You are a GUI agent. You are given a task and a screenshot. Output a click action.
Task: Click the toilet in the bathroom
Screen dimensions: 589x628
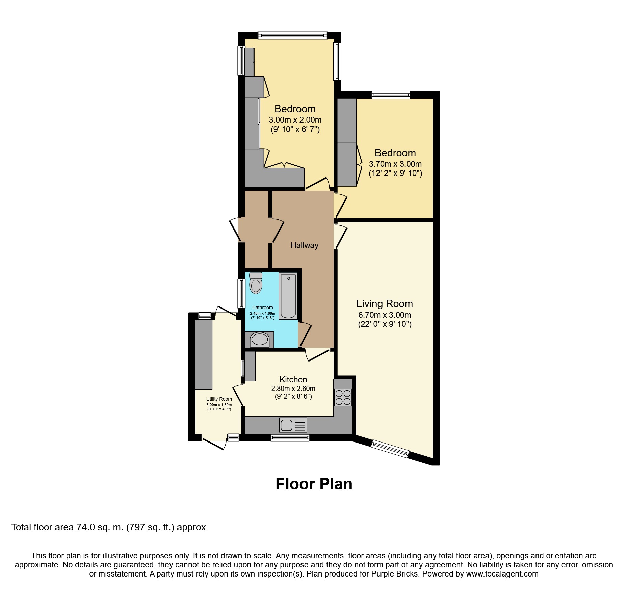[x=256, y=283]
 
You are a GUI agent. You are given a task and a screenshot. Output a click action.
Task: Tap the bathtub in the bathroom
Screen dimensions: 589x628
[x=288, y=296]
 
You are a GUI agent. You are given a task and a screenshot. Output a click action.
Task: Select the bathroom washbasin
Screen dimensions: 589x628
[x=259, y=339]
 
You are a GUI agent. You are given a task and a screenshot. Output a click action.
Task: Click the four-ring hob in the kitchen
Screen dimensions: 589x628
[x=343, y=397]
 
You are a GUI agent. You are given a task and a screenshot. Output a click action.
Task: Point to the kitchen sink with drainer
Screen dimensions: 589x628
[x=293, y=425]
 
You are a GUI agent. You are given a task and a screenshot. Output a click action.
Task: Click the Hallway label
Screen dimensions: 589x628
[x=304, y=245]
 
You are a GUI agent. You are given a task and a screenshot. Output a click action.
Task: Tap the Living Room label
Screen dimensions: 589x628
[x=385, y=303]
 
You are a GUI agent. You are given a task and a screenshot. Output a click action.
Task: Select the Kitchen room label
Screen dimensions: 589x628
[x=293, y=379]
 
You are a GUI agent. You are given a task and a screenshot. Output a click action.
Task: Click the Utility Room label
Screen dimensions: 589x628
[x=219, y=399]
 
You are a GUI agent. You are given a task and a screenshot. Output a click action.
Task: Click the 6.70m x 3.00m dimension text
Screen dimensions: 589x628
[x=385, y=315]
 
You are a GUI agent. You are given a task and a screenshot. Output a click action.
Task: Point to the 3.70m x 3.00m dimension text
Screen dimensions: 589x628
[x=395, y=164]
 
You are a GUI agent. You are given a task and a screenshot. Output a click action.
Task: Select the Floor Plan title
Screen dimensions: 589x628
[x=314, y=484]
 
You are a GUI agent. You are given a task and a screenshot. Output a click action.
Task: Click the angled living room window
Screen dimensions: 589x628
[x=390, y=449]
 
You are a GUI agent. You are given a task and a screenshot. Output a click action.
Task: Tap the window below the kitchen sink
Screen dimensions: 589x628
[x=290, y=438]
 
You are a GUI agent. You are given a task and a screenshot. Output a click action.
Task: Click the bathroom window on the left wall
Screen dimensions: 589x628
[x=241, y=294]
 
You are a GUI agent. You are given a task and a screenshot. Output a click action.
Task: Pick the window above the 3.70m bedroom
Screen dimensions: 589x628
[x=391, y=95]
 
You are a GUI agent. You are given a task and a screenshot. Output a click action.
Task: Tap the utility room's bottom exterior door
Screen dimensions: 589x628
[x=214, y=444]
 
